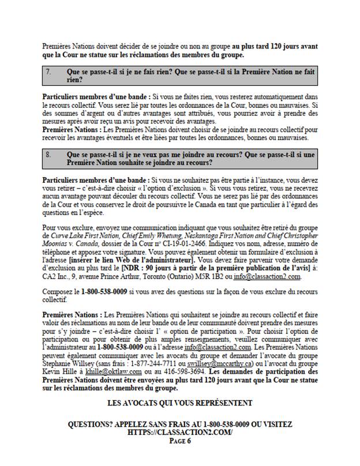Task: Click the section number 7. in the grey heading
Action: click(49, 73)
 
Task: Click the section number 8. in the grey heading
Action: click(49, 155)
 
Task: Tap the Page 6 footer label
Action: click(179, 440)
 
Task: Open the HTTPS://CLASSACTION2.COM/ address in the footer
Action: click(179, 432)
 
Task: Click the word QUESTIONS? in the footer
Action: click(92, 424)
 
